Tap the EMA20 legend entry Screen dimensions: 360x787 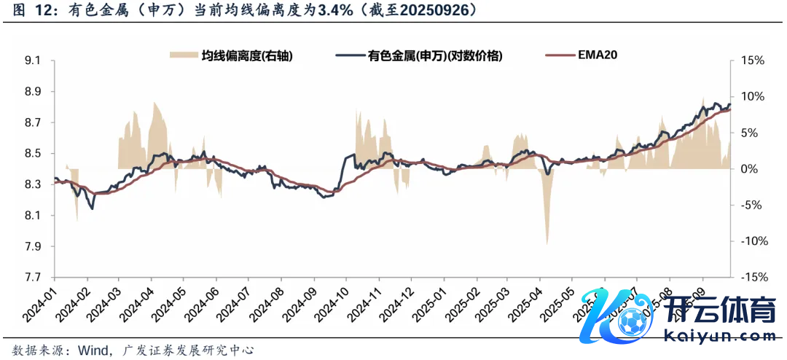598,55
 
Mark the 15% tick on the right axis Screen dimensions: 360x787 750,60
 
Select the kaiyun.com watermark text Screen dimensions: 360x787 721,337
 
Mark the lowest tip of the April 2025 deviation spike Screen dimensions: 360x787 547,245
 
